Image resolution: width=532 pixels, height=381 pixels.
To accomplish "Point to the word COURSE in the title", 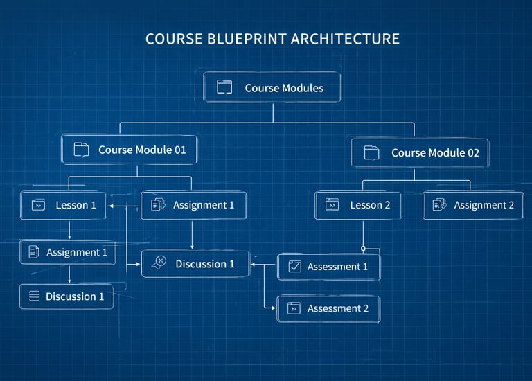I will (x=174, y=39).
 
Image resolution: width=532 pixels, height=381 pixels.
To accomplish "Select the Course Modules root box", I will (x=272, y=88).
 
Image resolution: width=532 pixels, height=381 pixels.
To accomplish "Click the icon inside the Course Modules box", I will (x=224, y=88).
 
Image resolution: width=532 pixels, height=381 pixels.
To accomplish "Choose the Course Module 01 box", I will (x=129, y=149).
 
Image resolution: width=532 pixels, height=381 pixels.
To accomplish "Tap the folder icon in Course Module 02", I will (x=371, y=152).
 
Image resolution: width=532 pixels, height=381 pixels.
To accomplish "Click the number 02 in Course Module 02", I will (x=472, y=152).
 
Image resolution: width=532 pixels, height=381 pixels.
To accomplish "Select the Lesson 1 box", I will (x=63, y=205).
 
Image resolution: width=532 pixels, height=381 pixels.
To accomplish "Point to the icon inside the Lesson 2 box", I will (x=332, y=205).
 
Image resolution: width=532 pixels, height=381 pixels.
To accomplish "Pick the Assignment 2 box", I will (x=474, y=205).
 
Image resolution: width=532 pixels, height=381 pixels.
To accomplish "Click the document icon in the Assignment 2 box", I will (x=439, y=205).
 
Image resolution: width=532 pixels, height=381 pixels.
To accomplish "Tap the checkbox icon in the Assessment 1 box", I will (x=294, y=267).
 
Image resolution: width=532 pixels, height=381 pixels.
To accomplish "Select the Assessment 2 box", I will (x=328, y=308).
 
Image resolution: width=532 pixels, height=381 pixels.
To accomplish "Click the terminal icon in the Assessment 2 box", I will (x=294, y=308).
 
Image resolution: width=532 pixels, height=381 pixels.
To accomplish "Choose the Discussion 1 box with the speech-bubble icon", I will (x=195, y=264).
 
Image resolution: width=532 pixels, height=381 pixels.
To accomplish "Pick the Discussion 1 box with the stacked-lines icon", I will (x=66, y=296).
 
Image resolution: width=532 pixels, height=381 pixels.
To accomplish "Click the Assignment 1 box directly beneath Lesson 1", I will (x=66, y=252).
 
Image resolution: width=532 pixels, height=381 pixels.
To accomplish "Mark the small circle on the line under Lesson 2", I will (x=363, y=247).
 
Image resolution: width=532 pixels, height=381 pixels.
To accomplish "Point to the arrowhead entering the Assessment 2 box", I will (x=274, y=308).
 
